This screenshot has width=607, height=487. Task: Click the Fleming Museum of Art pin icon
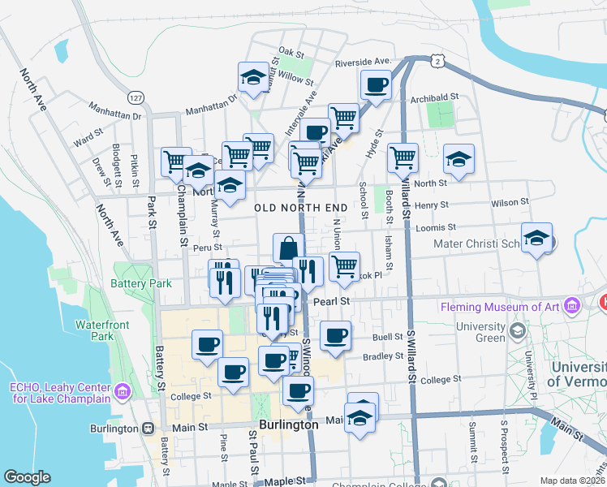573,306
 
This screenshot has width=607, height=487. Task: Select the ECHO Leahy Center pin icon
123,392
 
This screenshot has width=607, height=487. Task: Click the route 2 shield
438,61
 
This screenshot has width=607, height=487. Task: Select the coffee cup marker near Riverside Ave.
376,84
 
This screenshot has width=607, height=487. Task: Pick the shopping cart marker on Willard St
403,157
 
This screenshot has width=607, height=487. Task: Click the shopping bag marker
288,248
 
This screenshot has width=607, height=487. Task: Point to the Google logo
27,477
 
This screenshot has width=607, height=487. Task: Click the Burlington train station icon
148,428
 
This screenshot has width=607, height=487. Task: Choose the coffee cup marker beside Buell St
335,335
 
